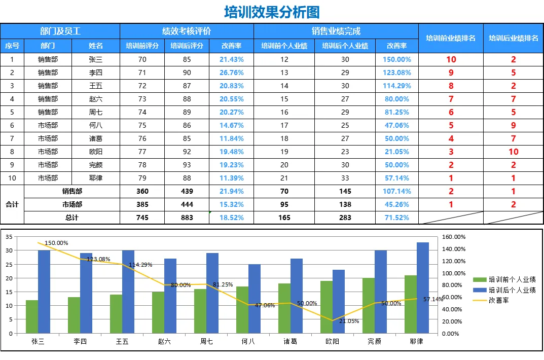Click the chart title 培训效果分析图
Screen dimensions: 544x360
coord(272,12)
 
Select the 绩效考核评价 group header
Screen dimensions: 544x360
coord(187,31)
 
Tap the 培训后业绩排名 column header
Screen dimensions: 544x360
coord(514,38)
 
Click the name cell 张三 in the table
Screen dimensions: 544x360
coord(95,59)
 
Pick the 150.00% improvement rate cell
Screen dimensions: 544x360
coord(396,59)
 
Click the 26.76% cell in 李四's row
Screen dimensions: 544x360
coord(231,73)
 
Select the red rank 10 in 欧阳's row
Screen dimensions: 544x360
coord(514,152)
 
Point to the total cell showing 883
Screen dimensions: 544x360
coord(187,218)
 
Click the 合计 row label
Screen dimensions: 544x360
coord(12,204)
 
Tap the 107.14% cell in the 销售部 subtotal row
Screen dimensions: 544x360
coord(396,191)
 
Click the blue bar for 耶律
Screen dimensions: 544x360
coord(422,288)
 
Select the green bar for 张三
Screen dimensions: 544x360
coord(32,316)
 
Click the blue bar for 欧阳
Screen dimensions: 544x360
coord(339,302)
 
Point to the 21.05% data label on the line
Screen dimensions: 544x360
coord(349,321)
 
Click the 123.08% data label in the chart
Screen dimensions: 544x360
coord(98,259)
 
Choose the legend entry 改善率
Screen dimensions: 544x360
coord(491,300)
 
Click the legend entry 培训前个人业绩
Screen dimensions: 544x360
coord(504,279)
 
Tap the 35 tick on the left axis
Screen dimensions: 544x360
coord(9,237)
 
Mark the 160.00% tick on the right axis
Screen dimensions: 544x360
coord(454,237)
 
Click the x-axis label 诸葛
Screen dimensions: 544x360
coord(290,342)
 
